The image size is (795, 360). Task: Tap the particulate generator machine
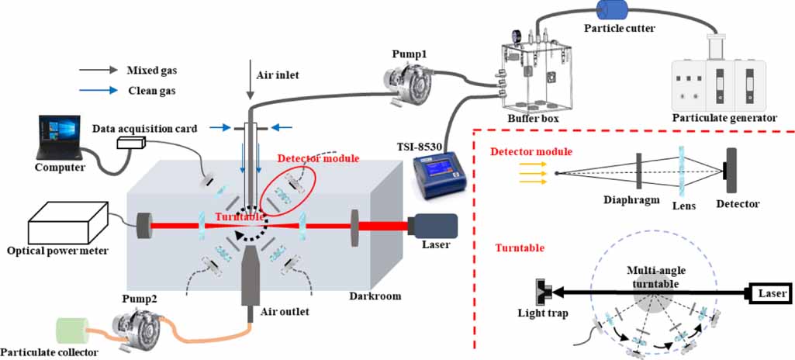(x=723, y=78)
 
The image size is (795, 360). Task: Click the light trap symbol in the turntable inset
(x=543, y=293)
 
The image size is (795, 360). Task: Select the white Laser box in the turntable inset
(x=768, y=293)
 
